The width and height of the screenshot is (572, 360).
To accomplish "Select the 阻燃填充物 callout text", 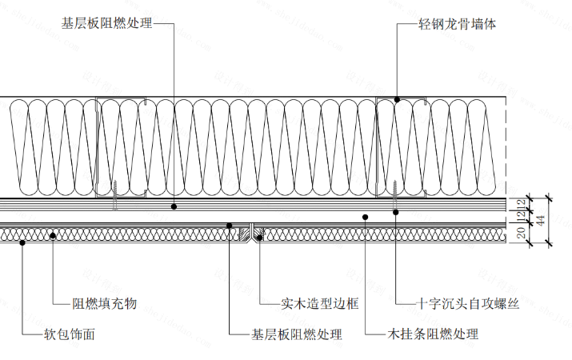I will click(x=105, y=303).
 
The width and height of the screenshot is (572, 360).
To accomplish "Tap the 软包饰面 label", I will click(x=70, y=334).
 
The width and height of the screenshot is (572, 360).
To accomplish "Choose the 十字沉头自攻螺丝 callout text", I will click(x=469, y=303).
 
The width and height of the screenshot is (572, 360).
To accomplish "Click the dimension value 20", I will click(x=520, y=234).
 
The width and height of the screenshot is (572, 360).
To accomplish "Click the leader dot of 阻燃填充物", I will click(x=53, y=234).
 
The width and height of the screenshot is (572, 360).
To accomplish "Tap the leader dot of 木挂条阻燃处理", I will click(x=365, y=216).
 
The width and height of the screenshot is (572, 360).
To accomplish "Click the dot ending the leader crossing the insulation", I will click(x=174, y=206).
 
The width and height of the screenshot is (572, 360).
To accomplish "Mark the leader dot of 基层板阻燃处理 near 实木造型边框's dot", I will click(x=230, y=226).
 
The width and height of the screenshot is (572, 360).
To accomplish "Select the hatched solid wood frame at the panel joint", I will click(x=254, y=234).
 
